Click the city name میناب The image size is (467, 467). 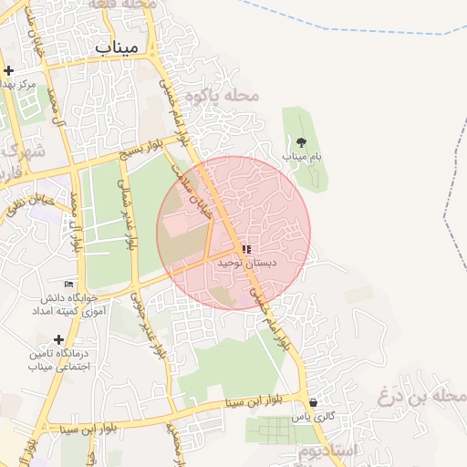[x=116, y=47]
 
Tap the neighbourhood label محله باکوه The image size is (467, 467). [x=223, y=95]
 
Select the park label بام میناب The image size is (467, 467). [x=302, y=157]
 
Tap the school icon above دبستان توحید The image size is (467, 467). [x=246, y=248]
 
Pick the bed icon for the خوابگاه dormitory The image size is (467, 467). [x=69, y=283]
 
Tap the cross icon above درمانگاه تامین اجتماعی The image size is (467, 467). [x=59, y=338]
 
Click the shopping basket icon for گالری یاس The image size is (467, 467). [x=314, y=402]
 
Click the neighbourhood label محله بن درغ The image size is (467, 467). [x=421, y=397]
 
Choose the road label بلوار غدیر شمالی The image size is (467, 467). [x=129, y=212]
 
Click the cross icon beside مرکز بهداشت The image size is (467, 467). [x=8, y=70]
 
